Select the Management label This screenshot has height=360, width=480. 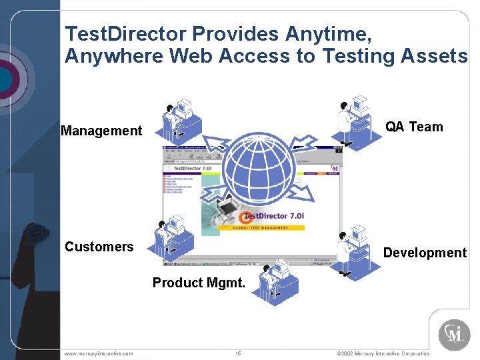(101, 131)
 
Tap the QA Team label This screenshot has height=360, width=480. (414, 127)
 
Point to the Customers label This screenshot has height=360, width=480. (99, 247)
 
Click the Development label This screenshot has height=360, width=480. (425, 253)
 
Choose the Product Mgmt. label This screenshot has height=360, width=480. (199, 283)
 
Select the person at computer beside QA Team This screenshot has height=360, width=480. (353, 120)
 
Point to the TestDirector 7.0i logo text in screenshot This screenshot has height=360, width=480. (275, 216)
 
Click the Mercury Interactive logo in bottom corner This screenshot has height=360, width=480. (454, 334)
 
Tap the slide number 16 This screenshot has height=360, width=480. (238, 353)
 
